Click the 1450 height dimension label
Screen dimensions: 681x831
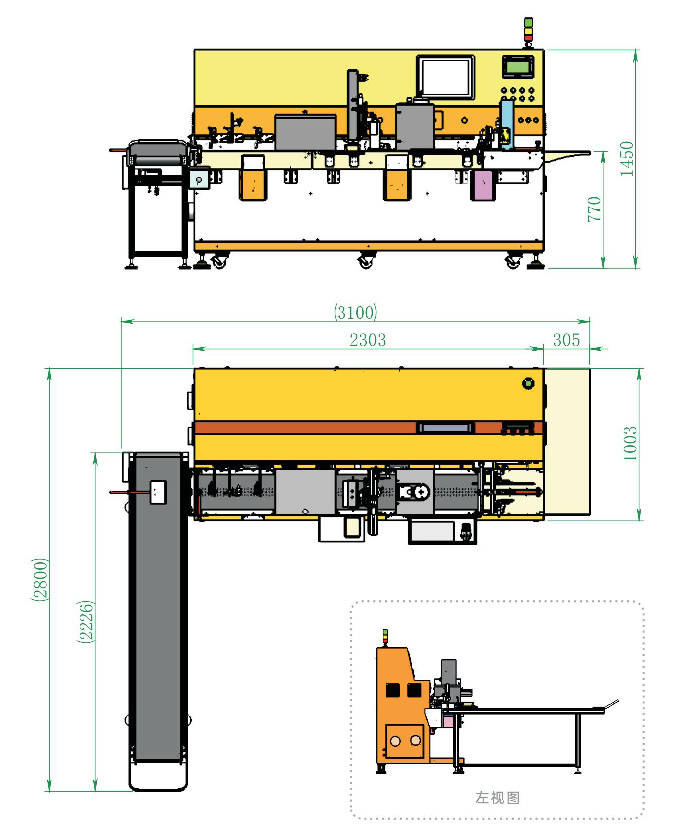pyautogui.click(x=626, y=158)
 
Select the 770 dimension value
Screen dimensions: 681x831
pyautogui.click(x=594, y=209)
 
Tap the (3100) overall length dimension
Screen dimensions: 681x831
pyautogui.click(x=355, y=312)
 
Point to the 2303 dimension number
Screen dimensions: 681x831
pyautogui.click(x=368, y=340)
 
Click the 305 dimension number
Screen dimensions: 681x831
pyautogui.click(x=566, y=340)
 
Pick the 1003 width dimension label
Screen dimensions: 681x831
pyautogui.click(x=630, y=444)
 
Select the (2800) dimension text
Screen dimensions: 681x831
pyautogui.click(x=40, y=580)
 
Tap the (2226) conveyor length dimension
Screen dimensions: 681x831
pyautogui.click(x=86, y=622)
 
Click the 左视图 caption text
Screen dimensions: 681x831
pyautogui.click(x=497, y=797)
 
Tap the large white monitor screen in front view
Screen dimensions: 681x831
pyautogui.click(x=445, y=77)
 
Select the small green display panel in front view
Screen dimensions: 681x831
pyautogui.click(x=518, y=66)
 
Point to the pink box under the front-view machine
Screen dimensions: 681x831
pyautogui.click(x=483, y=185)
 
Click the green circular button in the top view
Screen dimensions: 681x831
pyautogui.click(x=528, y=383)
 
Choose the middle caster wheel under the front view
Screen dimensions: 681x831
pyautogui.click(x=366, y=261)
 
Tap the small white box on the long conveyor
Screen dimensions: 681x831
pyautogui.click(x=158, y=492)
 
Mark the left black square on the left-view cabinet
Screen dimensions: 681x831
pyautogui.click(x=393, y=690)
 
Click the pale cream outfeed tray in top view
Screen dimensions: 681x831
pyautogui.click(x=567, y=442)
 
